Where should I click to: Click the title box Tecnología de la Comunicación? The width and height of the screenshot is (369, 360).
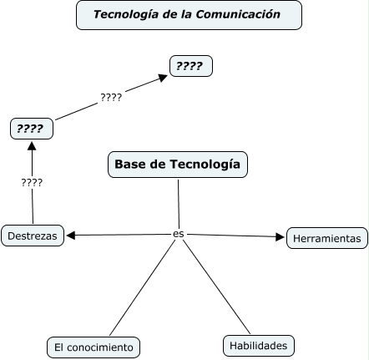pyautogui.click(x=189, y=15)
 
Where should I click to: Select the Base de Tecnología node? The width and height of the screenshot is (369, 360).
pyautogui.click(x=178, y=165)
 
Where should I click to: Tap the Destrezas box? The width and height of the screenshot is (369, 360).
pyautogui.click(x=33, y=236)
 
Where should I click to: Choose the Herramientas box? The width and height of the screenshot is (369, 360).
pyautogui.click(x=327, y=238)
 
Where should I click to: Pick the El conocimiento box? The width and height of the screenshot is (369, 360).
pyautogui.click(x=94, y=347)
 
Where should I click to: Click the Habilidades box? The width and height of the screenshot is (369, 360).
pyautogui.click(x=259, y=346)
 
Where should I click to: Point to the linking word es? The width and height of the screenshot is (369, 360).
pyautogui.click(x=179, y=234)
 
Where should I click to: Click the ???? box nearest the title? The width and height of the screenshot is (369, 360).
pyautogui.click(x=191, y=66)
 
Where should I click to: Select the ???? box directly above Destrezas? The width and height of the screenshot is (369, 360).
pyautogui.click(x=32, y=129)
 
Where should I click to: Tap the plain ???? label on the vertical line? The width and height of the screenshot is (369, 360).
pyautogui.click(x=32, y=183)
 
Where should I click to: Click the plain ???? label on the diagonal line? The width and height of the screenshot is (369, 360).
pyautogui.click(x=111, y=98)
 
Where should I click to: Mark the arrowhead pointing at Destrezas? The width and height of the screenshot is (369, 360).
pyautogui.click(x=71, y=236)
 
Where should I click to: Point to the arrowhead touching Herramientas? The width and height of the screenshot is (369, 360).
pyautogui.click(x=280, y=236)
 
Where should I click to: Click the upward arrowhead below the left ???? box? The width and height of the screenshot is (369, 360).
pyautogui.click(x=32, y=146)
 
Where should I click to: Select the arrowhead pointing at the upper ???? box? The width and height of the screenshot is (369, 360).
pyautogui.click(x=163, y=78)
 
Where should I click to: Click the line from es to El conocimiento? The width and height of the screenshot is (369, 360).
pyautogui.click(x=142, y=287)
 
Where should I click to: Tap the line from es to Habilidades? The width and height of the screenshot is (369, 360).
pyautogui.click(x=216, y=286)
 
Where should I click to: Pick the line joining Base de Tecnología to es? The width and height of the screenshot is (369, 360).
pyautogui.click(x=179, y=204)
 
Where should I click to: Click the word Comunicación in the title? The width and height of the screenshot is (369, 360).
pyautogui.click(x=238, y=14)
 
